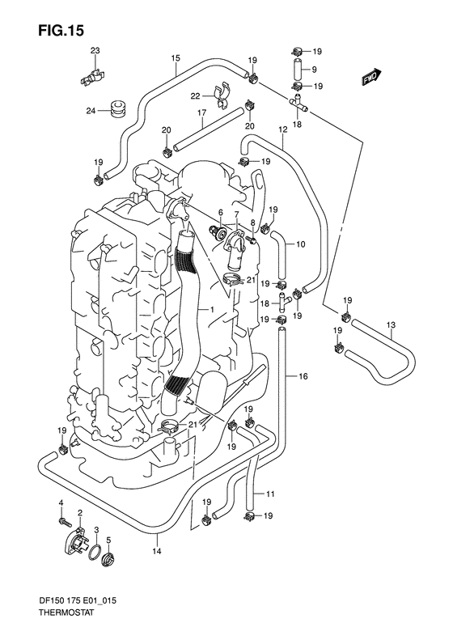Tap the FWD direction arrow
pos(371,77)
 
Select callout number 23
pos(95,52)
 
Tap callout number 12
pos(283,129)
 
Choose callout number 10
pos(299,244)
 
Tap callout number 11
pos(270,494)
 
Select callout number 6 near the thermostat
pos(219,213)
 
